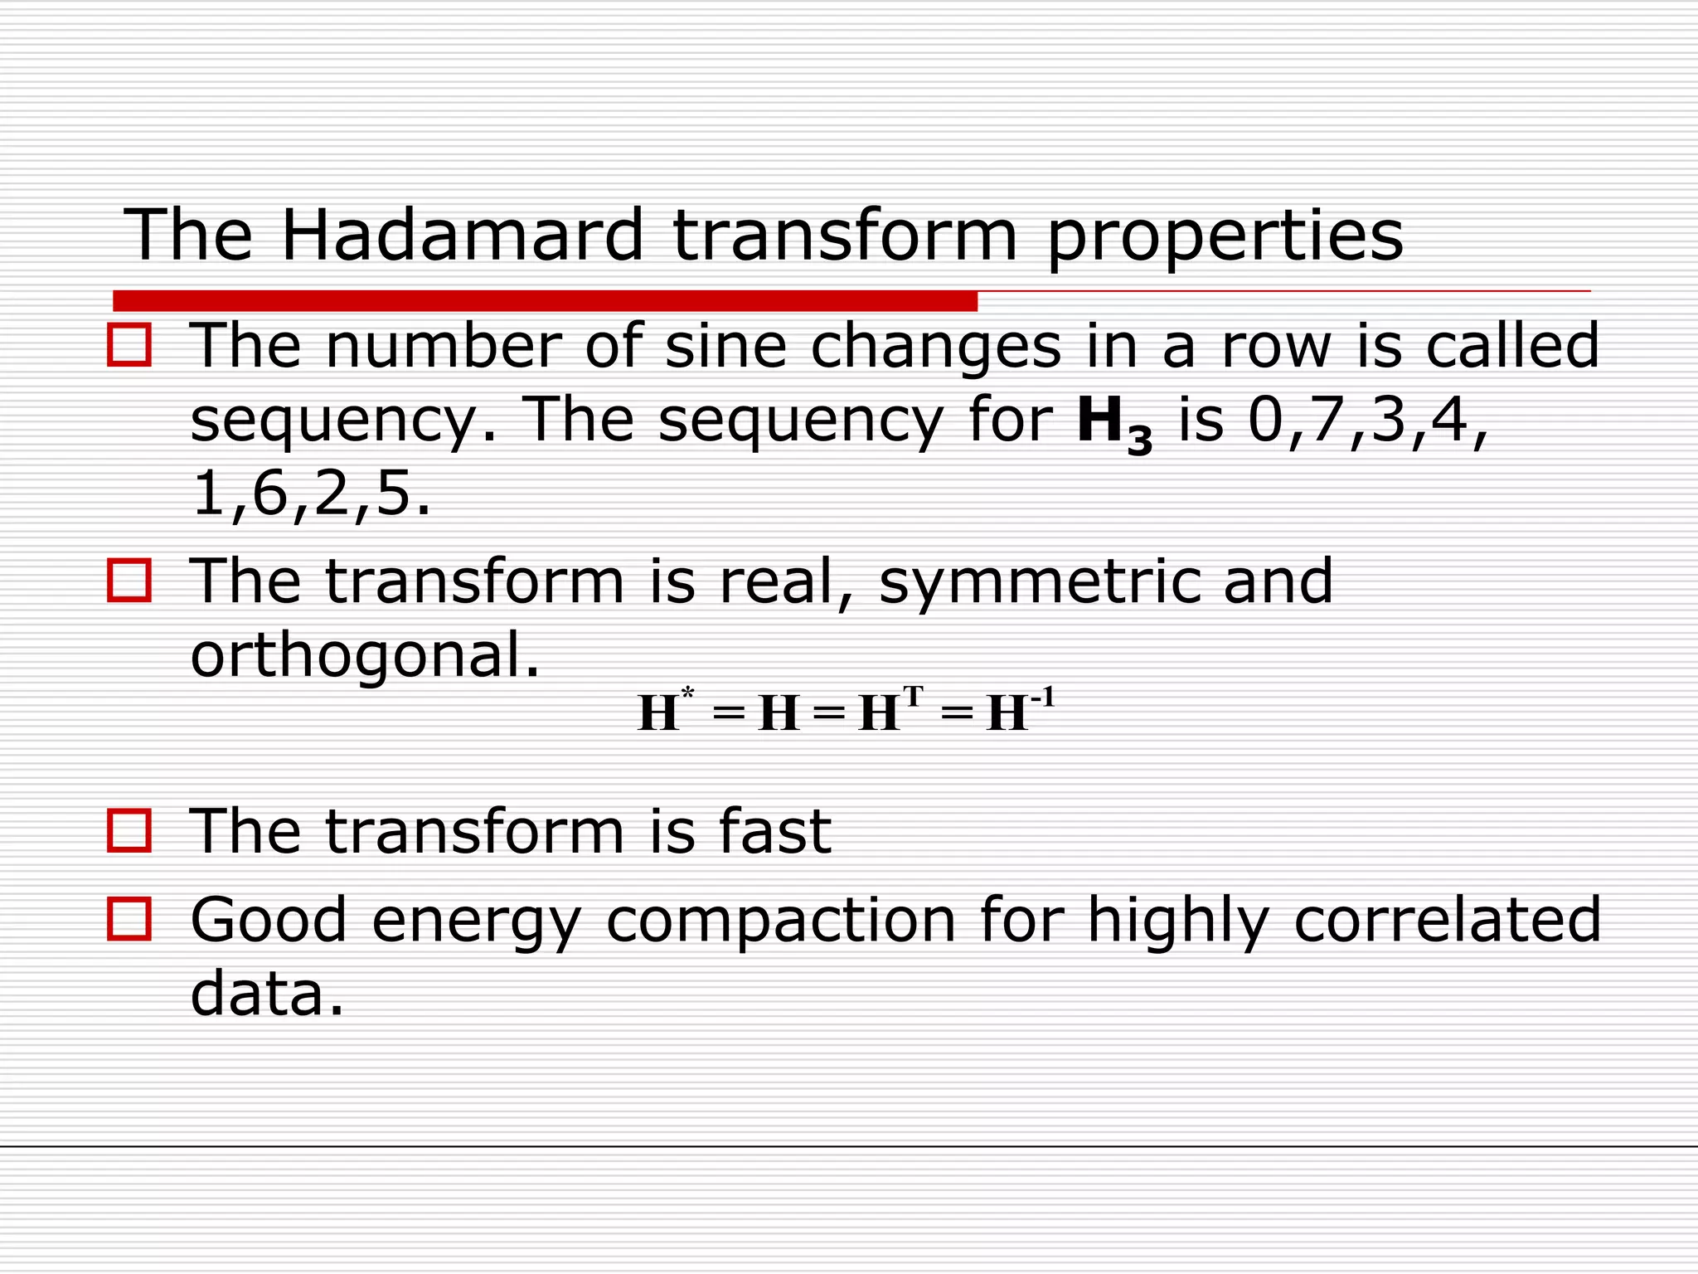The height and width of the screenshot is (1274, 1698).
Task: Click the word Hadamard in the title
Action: (x=462, y=236)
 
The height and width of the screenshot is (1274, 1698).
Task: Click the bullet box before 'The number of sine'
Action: (x=129, y=345)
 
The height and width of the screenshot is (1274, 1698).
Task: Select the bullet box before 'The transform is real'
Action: (x=129, y=580)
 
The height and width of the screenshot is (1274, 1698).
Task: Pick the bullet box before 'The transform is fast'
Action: (x=129, y=830)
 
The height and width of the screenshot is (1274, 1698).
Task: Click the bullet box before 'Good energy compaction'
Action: (x=129, y=919)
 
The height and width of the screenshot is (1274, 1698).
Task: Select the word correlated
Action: (x=1447, y=920)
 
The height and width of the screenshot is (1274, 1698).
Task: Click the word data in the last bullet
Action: (x=265, y=994)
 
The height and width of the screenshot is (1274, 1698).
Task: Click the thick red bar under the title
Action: (x=545, y=301)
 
